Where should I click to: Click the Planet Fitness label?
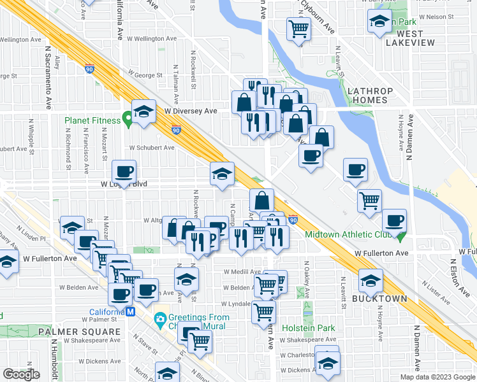[92, 120]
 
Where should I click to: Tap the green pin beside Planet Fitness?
[128, 118]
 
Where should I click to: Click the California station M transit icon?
[131, 312]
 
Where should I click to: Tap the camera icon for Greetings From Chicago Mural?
[160, 318]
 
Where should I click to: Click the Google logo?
[21, 374]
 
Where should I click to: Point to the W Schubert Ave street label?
[152, 148]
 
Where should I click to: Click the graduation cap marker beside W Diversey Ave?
[144, 111]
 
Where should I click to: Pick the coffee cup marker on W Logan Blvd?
[124, 171]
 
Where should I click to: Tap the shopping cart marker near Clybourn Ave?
[298, 28]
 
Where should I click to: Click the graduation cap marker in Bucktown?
[371, 279]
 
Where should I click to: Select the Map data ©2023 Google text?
[437, 377]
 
